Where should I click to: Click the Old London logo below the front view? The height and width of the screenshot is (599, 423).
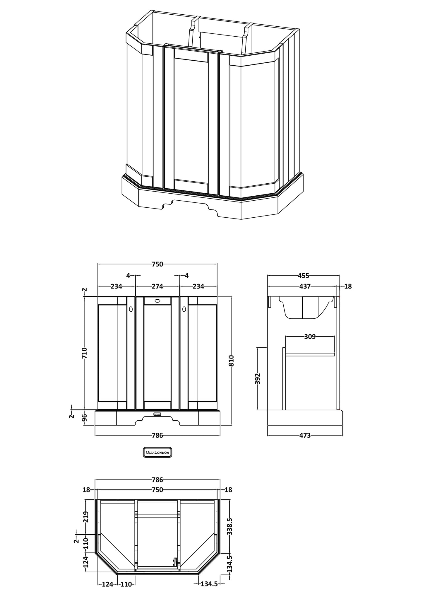coord(157,452)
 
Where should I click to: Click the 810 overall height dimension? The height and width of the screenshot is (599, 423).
coord(231,361)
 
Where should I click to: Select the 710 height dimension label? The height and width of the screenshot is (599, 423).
coord(84,353)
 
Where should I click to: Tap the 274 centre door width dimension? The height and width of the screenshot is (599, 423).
coord(157,286)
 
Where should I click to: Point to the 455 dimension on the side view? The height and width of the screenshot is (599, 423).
coord(303,276)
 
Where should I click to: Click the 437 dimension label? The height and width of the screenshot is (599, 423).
coord(305,286)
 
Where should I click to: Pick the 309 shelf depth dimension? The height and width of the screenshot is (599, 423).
coord(310,337)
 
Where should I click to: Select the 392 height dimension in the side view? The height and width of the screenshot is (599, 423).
coord(257,378)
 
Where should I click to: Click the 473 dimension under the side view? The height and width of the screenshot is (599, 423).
coord(305,435)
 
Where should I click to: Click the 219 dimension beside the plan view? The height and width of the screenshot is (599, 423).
coord(85,517)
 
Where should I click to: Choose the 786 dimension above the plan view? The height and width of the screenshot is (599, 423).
coord(157,480)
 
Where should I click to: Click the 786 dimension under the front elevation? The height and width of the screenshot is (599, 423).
coord(157,435)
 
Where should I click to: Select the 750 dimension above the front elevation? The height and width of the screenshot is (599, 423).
coord(157,264)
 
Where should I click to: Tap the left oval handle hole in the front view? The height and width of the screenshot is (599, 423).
coord(131,309)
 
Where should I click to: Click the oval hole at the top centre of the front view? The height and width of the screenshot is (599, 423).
coord(157,301)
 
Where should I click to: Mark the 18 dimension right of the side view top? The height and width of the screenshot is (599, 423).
coord(348,286)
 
